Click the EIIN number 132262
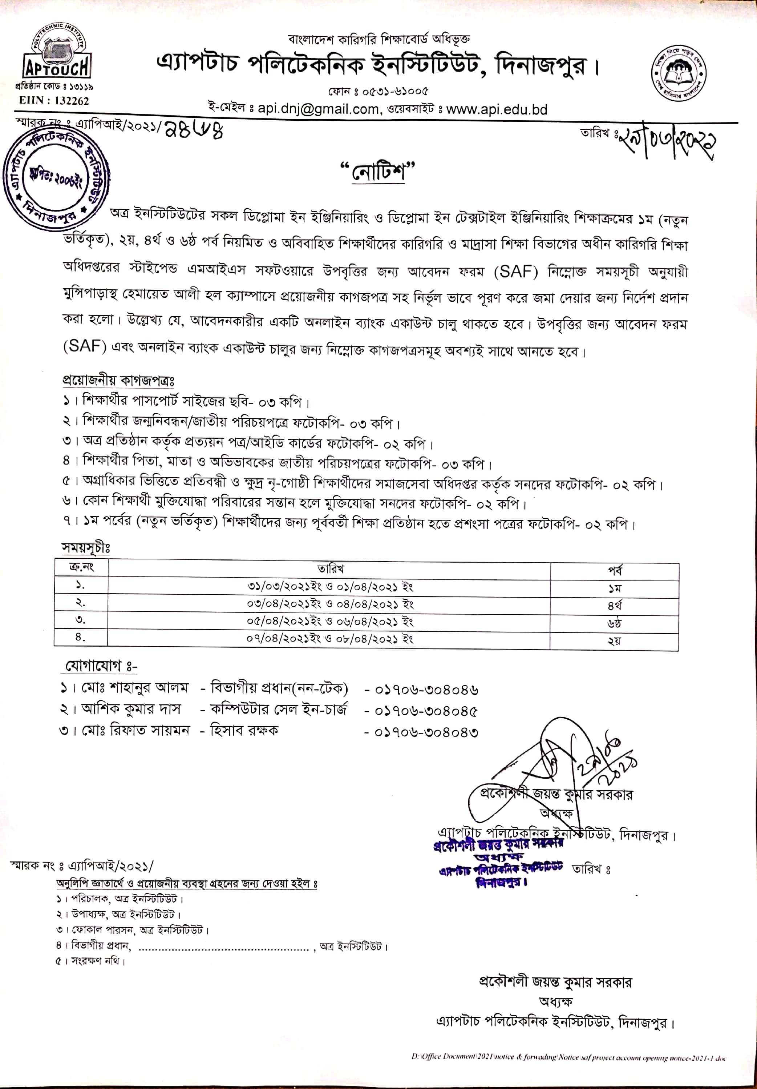tap(53, 101)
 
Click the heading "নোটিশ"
tap(378, 171)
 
